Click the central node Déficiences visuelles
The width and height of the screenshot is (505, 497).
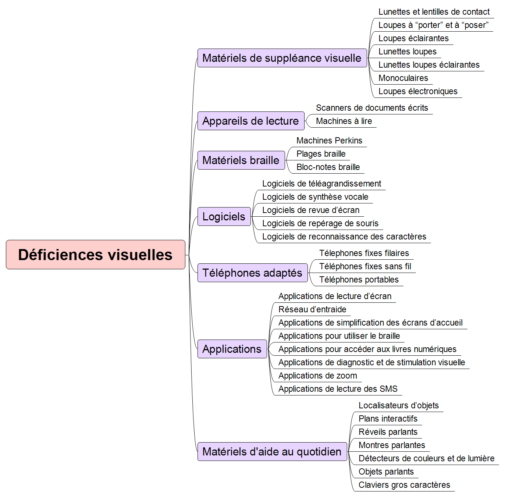96,255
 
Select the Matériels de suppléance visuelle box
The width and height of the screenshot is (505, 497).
282,58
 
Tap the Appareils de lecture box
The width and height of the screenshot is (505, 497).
251,121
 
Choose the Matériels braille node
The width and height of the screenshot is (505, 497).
241,160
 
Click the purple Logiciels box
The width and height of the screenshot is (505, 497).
224,217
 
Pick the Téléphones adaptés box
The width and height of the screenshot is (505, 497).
253,273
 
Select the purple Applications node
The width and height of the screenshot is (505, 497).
232,349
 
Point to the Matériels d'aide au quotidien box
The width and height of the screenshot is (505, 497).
272,452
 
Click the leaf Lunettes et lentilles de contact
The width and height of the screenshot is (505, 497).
434,12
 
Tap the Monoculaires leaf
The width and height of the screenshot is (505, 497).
403,78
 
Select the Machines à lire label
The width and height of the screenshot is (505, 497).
344,121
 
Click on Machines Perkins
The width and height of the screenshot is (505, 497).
329,141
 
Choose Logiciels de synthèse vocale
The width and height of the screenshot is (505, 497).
315,196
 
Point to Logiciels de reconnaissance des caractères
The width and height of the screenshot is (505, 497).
344,237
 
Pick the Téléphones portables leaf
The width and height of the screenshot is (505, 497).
359,280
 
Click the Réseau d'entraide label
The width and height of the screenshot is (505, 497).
312,309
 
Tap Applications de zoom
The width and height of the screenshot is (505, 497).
318,376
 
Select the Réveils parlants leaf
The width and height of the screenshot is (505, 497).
388,432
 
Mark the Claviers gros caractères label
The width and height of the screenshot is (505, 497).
404,485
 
